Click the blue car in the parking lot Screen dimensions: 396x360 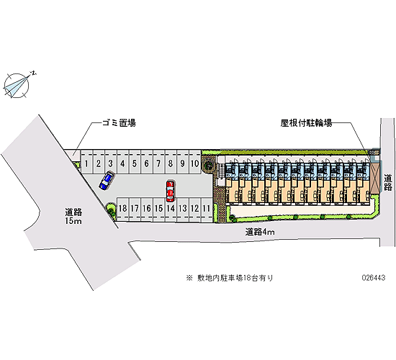[107, 181]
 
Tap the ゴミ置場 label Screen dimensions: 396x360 [119, 123]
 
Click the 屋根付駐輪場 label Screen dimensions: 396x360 [306, 123]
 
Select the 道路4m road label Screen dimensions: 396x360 [260, 232]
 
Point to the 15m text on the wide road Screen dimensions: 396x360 [73, 221]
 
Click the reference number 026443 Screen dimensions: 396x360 [374, 278]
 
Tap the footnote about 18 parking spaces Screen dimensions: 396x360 [230, 278]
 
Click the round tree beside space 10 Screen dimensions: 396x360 [208, 166]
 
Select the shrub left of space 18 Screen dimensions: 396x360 [110, 209]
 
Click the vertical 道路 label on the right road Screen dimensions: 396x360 [388, 182]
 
